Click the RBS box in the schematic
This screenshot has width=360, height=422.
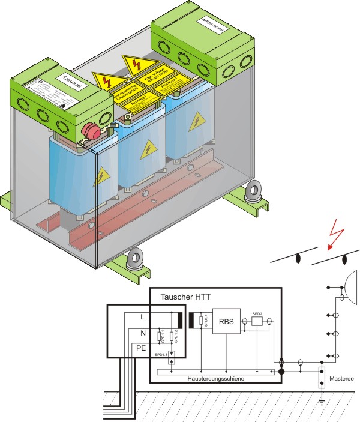tap(226, 322)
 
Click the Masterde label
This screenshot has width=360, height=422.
tap(342, 379)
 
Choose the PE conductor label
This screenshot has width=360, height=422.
tap(142, 348)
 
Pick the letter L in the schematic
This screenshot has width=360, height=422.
tap(142, 316)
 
